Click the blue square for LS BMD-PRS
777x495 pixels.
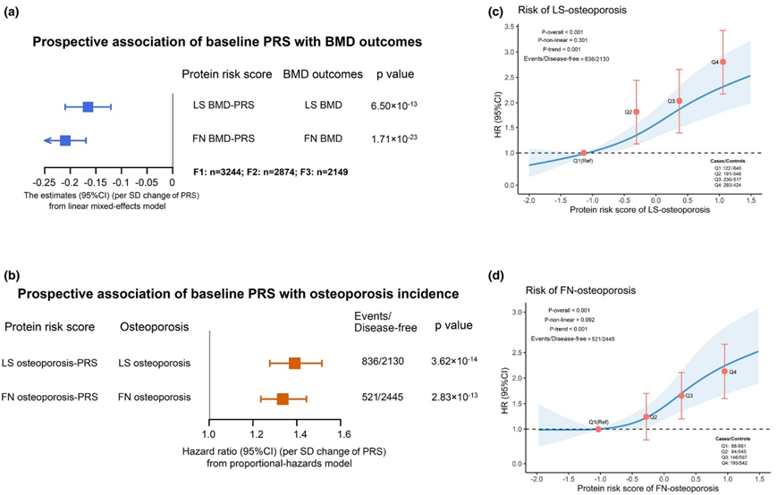tap(88, 107)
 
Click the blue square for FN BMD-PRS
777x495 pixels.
tap(65, 139)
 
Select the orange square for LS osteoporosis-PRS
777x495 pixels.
tap(295, 363)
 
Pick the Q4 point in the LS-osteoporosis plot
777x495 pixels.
tap(722, 62)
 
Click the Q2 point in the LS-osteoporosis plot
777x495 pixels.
tap(636, 112)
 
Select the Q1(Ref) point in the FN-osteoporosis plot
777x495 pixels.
tap(598, 429)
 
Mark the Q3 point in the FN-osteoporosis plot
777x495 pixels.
tap(681, 395)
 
